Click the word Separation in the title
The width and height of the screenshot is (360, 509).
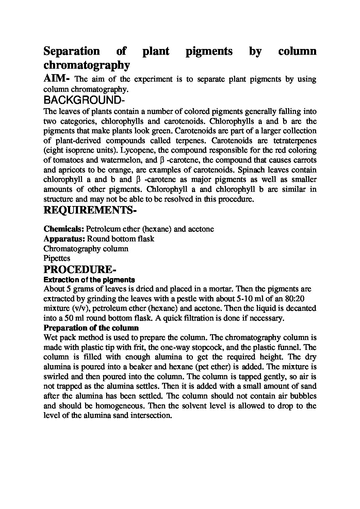click(71, 51)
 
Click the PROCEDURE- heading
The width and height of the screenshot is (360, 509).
click(80, 270)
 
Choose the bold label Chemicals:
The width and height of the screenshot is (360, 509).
click(64, 229)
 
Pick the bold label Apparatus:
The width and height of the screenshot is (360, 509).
click(65, 239)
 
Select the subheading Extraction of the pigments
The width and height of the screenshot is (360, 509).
click(89, 280)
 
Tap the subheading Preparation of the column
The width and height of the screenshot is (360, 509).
click(91, 328)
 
